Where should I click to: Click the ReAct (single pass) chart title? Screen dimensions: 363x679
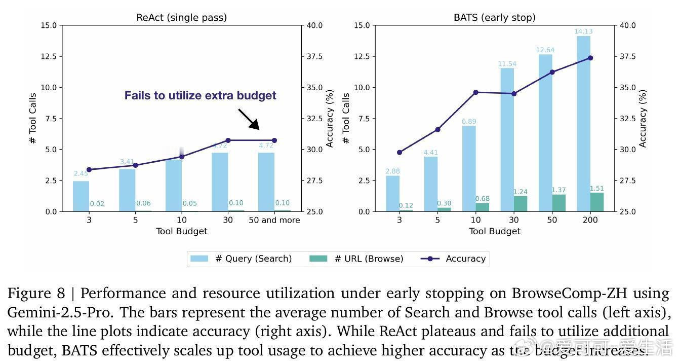181,18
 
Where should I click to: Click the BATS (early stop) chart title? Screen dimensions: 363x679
494,18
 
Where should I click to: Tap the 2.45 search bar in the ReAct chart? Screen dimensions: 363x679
81,196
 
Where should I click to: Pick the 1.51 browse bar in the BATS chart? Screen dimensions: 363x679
597,202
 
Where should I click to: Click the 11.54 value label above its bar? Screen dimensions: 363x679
507,64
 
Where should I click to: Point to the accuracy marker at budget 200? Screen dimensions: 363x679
590,58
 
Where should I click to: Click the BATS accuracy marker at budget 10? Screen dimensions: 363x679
475,92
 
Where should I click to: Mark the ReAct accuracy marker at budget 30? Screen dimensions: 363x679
228,140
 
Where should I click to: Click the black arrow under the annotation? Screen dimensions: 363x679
249,119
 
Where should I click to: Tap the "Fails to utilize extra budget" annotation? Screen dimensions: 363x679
201,95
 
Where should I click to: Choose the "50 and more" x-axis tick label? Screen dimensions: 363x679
274,220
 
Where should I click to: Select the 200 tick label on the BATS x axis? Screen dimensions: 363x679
590,220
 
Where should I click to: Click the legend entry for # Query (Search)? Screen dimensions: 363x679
241,259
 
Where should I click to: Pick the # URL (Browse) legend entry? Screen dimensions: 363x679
356,259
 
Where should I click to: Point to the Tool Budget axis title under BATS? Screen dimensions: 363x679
494,231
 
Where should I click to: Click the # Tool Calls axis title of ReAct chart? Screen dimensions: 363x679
33,118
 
